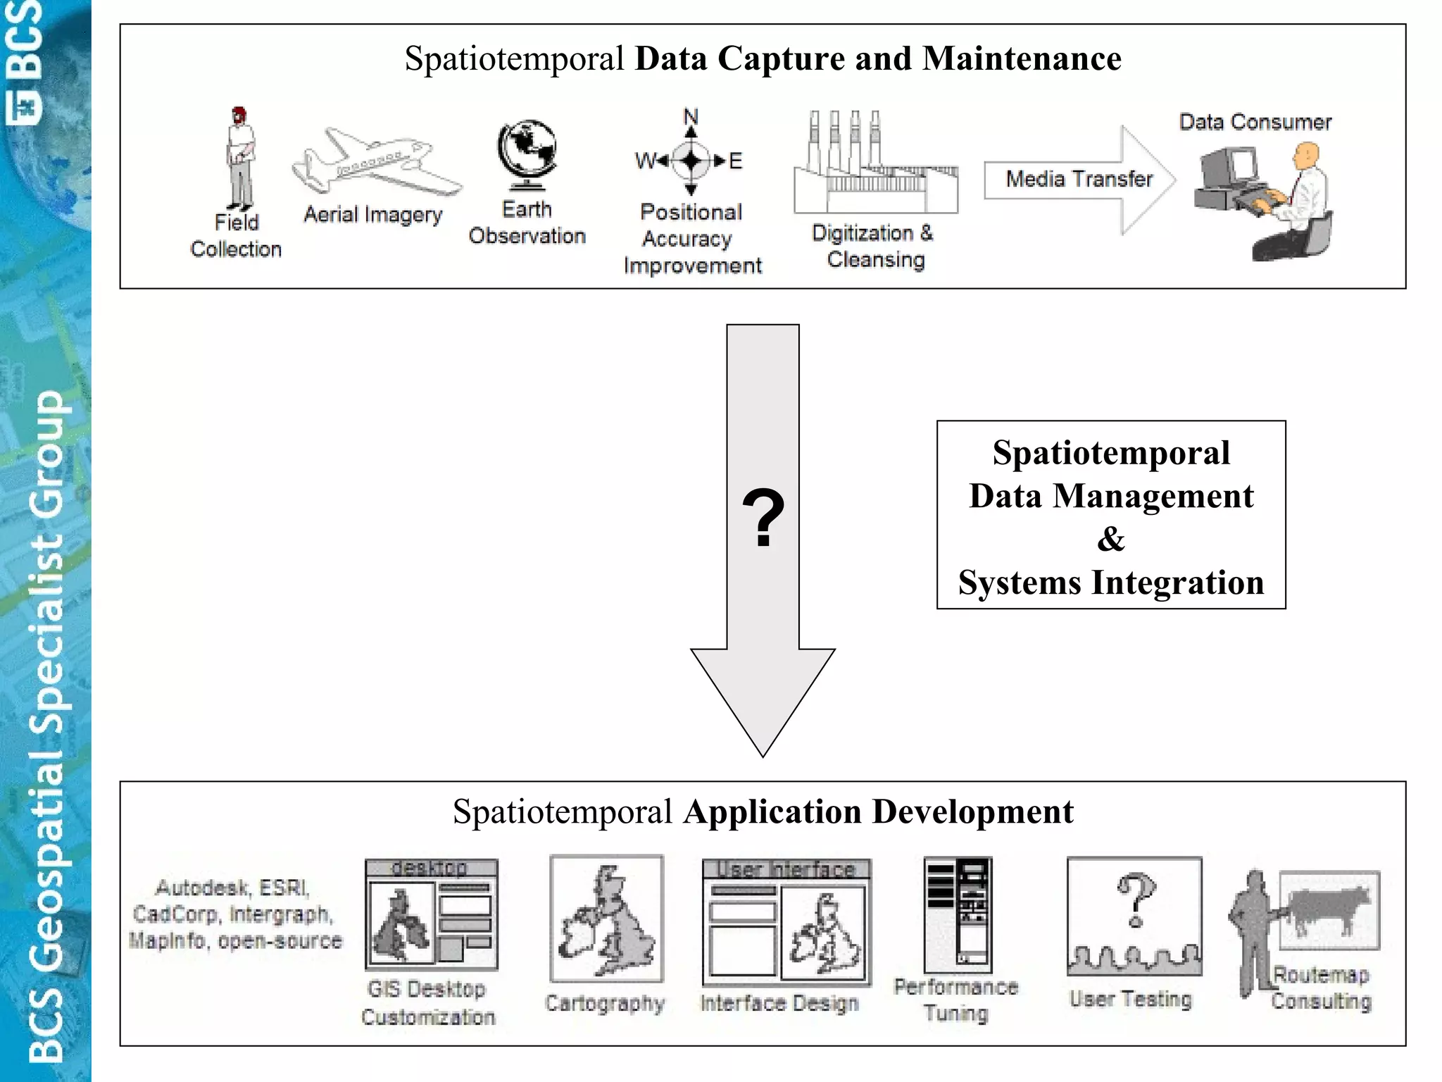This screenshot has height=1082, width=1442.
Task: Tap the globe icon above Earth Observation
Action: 527,154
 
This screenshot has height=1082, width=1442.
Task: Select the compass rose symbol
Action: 691,161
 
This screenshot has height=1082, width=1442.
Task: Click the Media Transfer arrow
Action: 1078,180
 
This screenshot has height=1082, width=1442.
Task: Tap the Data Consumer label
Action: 1255,123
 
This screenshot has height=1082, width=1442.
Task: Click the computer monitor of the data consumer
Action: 1229,169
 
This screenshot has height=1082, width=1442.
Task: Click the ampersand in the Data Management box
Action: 1110,540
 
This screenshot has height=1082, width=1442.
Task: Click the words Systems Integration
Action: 1110,583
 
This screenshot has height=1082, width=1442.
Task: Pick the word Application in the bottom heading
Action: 772,812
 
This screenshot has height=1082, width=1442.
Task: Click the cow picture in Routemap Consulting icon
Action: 1329,909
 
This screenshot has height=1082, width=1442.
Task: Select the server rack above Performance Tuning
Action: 958,914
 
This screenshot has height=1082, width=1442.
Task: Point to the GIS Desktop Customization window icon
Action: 431,914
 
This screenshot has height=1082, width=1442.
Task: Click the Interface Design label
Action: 779,1003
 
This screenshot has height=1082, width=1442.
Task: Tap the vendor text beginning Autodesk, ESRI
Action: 234,914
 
